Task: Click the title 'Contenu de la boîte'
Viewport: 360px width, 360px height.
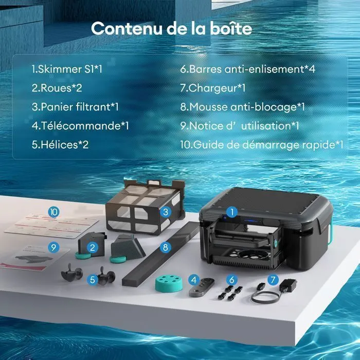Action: tap(171, 28)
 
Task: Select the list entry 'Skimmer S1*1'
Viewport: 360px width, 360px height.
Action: tap(67, 69)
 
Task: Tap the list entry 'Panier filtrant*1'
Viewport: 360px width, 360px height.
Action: tap(75, 107)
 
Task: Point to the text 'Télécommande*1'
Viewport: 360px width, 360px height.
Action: tap(80, 126)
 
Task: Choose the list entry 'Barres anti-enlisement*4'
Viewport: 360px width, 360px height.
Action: tap(248, 69)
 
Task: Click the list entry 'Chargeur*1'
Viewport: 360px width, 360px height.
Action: tap(213, 88)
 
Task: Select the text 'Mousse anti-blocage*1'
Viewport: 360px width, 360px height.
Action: tap(242, 107)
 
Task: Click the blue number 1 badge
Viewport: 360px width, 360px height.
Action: tap(232, 212)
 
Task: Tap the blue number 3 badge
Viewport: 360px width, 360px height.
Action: tap(166, 212)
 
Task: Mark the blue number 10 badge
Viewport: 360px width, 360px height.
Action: tap(53, 212)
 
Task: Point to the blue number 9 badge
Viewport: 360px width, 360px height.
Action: tap(53, 247)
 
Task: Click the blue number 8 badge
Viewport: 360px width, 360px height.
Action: tap(166, 247)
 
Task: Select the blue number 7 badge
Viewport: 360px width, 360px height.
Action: tap(273, 280)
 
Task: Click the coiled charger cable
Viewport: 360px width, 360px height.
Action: tap(265, 297)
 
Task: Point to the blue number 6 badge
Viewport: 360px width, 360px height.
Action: tap(232, 280)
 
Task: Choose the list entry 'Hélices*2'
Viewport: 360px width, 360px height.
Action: tap(60, 145)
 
